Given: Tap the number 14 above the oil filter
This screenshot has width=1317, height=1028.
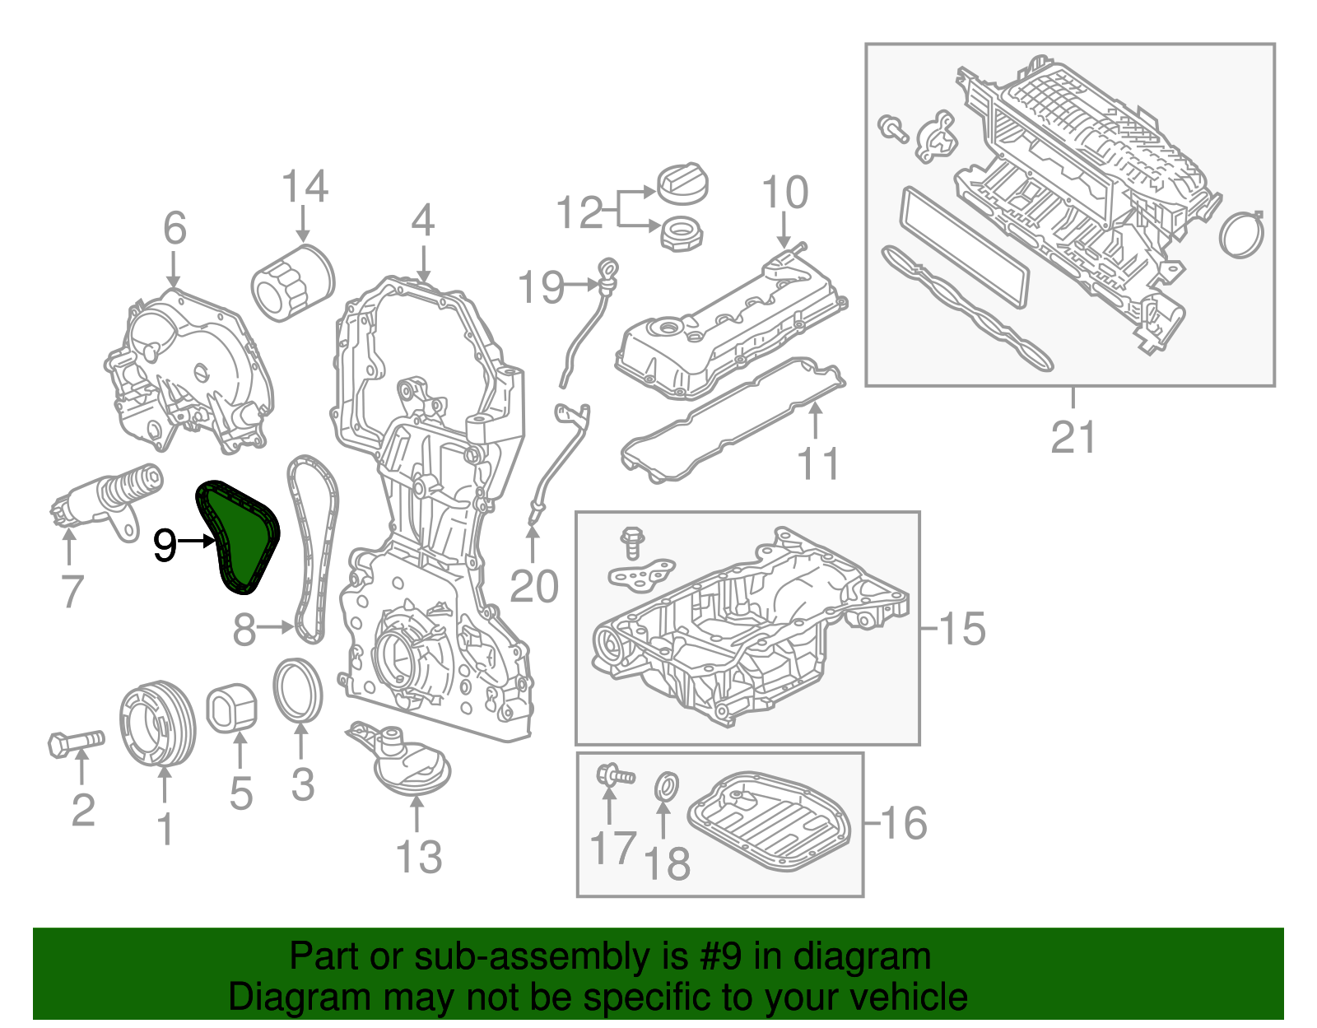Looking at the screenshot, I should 305,188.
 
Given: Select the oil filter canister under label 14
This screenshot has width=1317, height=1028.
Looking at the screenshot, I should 292,281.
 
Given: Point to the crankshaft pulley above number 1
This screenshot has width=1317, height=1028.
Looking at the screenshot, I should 157,723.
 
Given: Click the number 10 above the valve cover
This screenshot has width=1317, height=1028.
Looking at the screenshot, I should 784,193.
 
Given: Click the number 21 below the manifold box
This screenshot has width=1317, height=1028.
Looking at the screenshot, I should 1073,437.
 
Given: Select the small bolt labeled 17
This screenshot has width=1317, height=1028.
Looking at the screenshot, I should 614,775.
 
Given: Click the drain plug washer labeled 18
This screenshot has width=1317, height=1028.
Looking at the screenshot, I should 667,787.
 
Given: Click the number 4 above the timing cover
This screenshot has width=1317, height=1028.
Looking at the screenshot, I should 422,221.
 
